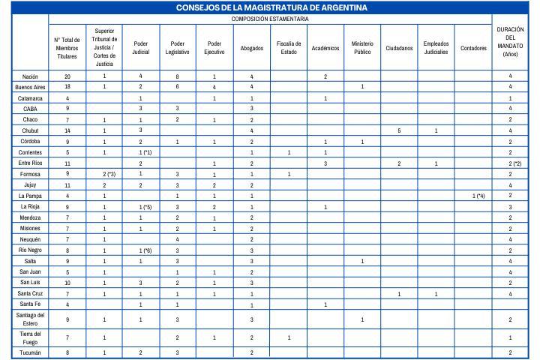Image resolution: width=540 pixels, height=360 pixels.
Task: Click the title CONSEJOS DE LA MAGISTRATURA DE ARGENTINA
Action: [x=271, y=7]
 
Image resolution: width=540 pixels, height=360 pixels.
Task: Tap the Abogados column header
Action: [x=251, y=48]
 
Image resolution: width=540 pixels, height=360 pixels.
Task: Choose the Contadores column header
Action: [x=473, y=48]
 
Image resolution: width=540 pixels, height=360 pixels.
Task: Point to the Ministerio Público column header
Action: [x=362, y=48]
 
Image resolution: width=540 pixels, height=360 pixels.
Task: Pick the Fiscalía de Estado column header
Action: [x=289, y=48]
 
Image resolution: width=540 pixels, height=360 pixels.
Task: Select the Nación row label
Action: [x=30, y=76]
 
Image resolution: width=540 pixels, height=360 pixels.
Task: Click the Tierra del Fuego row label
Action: [x=30, y=337]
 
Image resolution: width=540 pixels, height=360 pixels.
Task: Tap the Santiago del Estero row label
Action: [x=30, y=319]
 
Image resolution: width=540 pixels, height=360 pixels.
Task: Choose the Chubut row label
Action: [x=30, y=130]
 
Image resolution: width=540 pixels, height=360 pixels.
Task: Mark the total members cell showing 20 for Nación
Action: [x=67, y=76]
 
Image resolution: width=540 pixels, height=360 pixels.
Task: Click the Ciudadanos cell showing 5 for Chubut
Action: [x=399, y=130]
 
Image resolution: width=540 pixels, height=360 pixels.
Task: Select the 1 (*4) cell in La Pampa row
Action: [x=473, y=196]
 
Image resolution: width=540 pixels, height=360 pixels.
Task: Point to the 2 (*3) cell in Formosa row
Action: [x=104, y=174]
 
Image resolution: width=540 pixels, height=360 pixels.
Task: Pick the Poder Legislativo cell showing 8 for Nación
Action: [x=177, y=76]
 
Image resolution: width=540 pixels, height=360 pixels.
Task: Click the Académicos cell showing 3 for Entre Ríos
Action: [x=325, y=163]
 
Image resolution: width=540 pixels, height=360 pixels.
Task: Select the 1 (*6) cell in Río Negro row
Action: [x=140, y=250]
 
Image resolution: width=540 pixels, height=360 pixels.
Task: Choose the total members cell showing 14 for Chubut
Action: [x=67, y=130]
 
